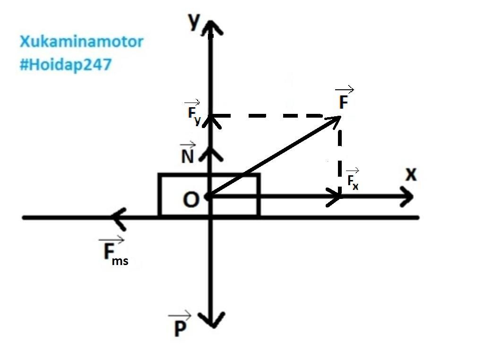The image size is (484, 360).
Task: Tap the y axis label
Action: click(x=193, y=22)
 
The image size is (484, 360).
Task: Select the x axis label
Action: click(x=411, y=175)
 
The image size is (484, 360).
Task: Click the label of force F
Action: click(x=344, y=101)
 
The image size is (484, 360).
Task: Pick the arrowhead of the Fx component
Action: click(x=336, y=196)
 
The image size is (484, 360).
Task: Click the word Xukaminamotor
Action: click(x=81, y=42)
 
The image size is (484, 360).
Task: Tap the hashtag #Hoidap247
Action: click(x=66, y=65)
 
